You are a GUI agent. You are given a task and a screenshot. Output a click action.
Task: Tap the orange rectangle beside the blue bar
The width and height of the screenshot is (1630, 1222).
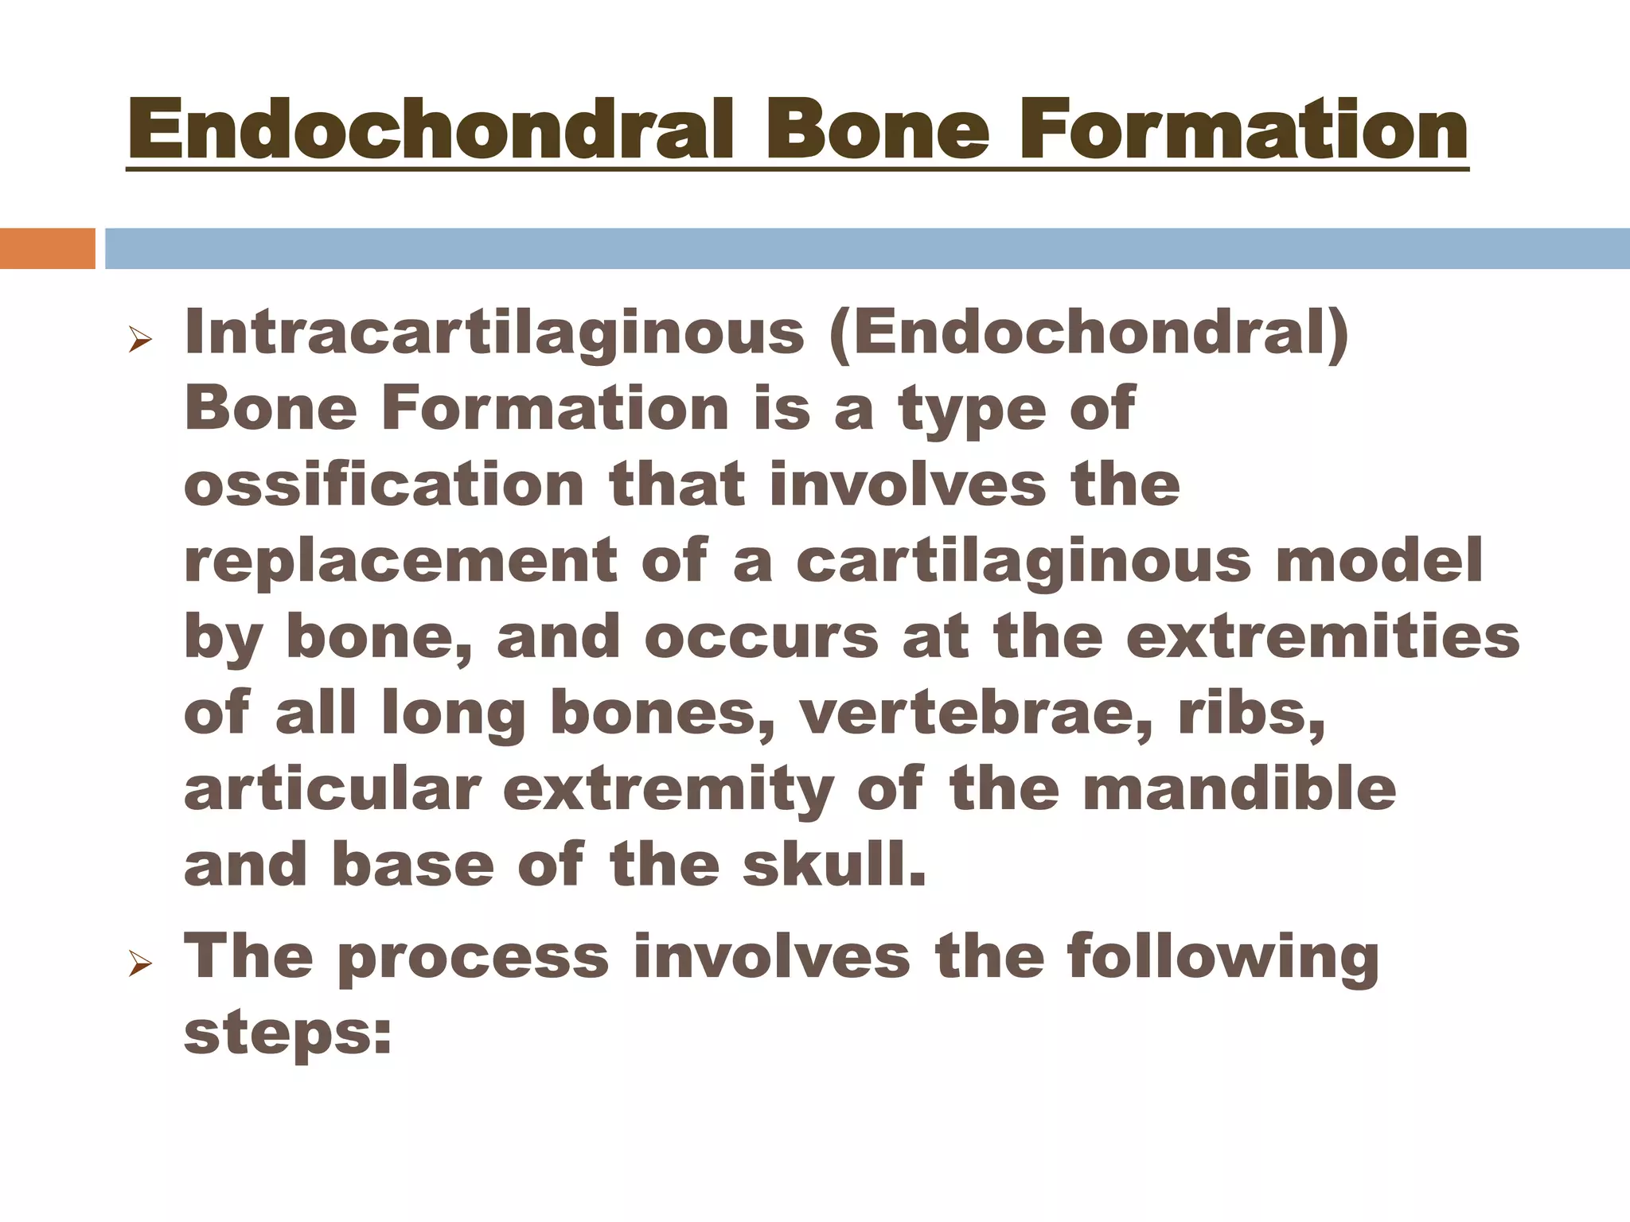(47, 248)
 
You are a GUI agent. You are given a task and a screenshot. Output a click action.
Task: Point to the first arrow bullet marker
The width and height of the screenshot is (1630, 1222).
(140, 343)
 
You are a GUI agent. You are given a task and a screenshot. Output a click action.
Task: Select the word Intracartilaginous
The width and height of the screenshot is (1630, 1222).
(493, 334)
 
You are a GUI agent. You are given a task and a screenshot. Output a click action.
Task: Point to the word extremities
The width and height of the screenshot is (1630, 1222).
(1322, 637)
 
